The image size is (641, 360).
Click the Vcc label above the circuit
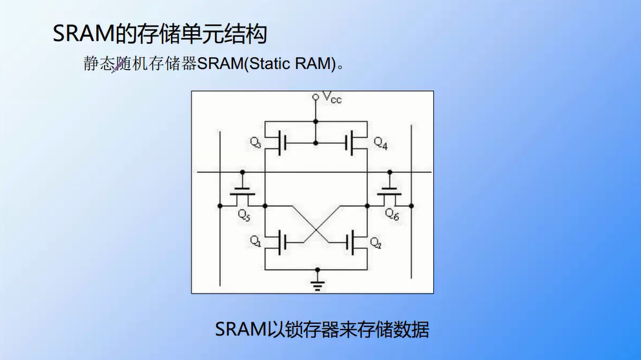coord(332,99)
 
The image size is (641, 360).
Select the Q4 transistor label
coord(380,143)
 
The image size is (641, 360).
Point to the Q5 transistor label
coord(243,214)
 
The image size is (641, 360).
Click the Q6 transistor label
coord(392,214)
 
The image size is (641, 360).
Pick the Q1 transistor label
coord(255,242)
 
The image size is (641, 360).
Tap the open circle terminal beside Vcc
coord(316,97)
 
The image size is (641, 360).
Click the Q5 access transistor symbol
coord(243,193)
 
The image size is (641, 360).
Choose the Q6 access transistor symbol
coord(390,193)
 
